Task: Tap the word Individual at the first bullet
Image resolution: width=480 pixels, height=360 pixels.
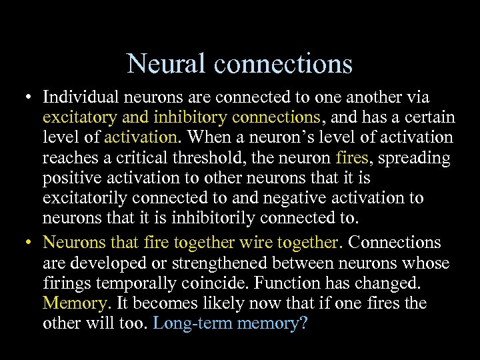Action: (x=80, y=98)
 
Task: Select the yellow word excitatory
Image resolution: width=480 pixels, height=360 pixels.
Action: (x=79, y=118)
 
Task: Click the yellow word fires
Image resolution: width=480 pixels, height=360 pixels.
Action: (x=351, y=158)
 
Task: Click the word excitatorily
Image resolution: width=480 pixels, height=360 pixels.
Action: (x=85, y=198)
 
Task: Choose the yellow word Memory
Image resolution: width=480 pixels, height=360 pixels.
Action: (x=75, y=303)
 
